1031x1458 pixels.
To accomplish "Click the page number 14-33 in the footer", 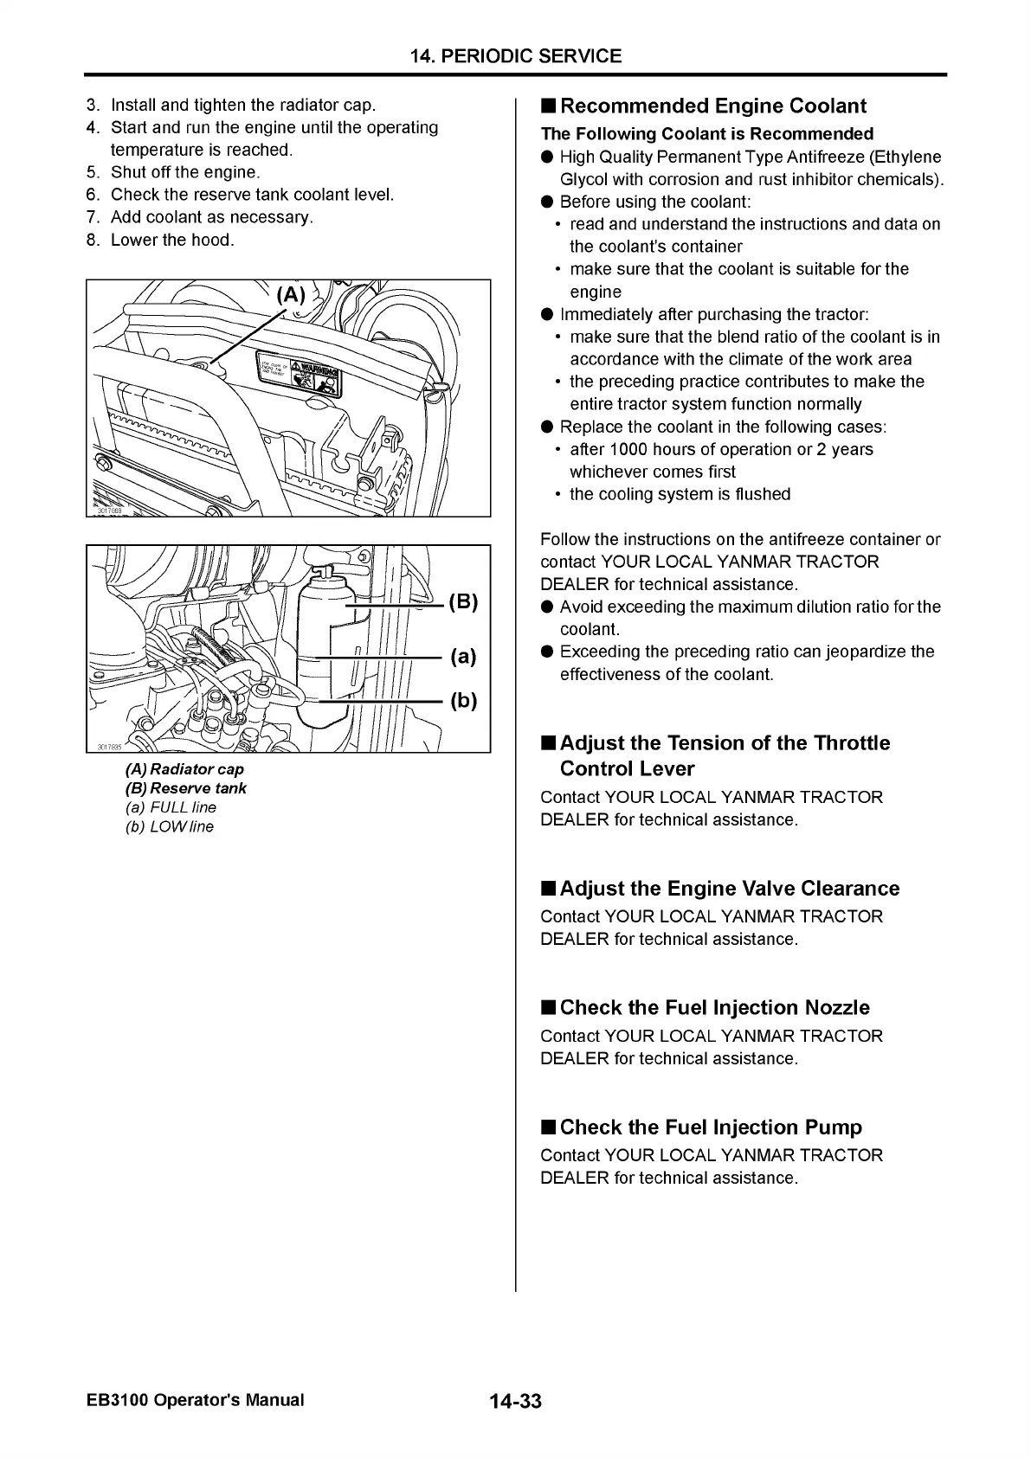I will pos(515,1401).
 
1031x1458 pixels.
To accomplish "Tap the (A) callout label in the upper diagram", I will pos(291,295).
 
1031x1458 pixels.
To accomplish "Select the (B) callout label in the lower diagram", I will pos(463,602).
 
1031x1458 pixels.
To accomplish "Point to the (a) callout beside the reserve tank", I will pos(463,656).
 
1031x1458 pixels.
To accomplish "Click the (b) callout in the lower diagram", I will pos(463,700).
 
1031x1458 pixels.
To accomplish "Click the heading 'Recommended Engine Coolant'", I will pos(712,106).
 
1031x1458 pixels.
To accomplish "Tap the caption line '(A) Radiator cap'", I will pos(184,769).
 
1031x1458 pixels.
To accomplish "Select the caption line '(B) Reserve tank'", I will pos(186,788).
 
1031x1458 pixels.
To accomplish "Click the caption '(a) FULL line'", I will pos(171,807).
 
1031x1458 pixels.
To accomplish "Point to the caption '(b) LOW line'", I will pos(170,826).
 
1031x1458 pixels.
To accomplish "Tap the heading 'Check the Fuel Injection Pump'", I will pos(711,1127).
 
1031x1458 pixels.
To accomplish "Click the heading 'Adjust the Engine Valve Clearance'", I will pos(730,889).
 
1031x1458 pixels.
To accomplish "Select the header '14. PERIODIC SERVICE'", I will pos(516,56).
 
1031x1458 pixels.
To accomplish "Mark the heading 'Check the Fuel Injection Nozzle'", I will pos(714,1008).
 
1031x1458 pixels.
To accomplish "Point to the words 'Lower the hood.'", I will pos(172,240).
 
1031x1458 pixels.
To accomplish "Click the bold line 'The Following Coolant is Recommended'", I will pos(707,134).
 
